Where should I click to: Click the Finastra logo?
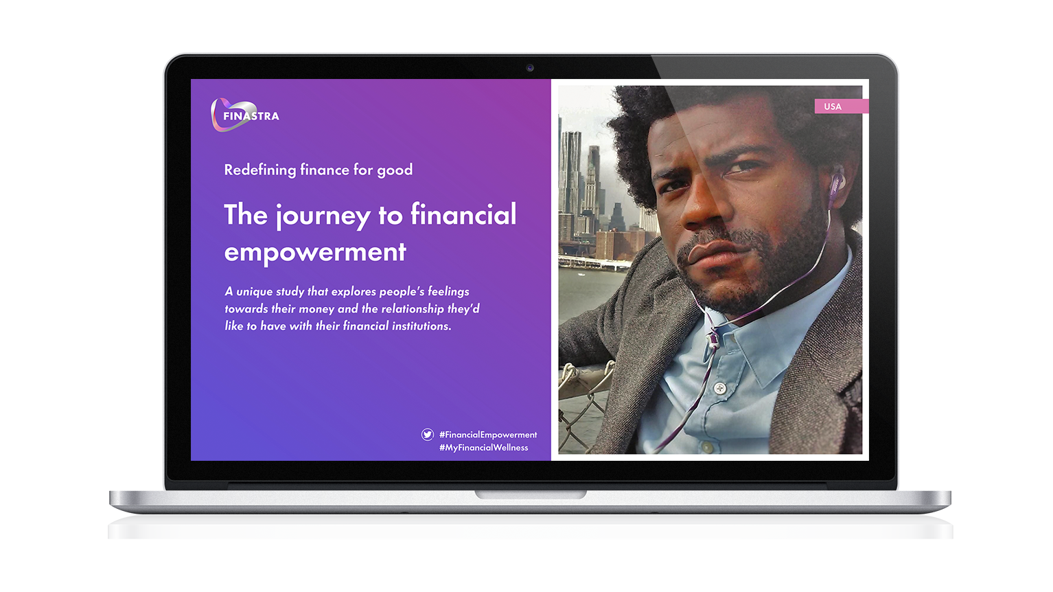click(x=244, y=115)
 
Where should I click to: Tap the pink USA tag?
click(x=842, y=106)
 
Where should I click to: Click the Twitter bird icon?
click(x=428, y=435)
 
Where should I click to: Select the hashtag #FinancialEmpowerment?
click(x=488, y=435)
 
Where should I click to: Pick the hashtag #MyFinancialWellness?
click(x=484, y=448)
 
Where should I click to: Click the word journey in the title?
click(x=323, y=216)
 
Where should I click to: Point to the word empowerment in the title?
click(x=315, y=253)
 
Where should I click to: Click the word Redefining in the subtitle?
click(x=260, y=170)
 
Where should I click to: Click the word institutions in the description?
click(x=421, y=326)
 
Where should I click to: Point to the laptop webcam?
click(x=530, y=68)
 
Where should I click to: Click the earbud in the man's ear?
click(x=836, y=184)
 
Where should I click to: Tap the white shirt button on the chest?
click(x=719, y=389)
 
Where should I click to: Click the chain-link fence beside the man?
click(x=581, y=405)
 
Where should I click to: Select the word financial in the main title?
click(x=463, y=214)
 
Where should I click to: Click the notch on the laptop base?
click(x=530, y=494)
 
